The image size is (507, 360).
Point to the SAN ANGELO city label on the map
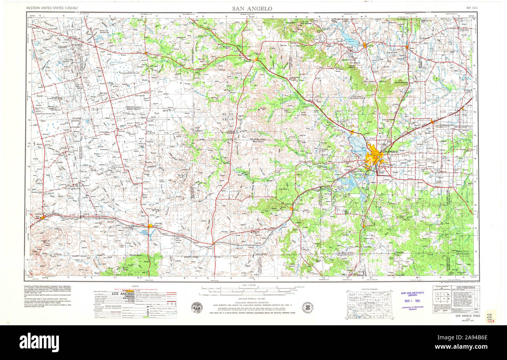point(390,151)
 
